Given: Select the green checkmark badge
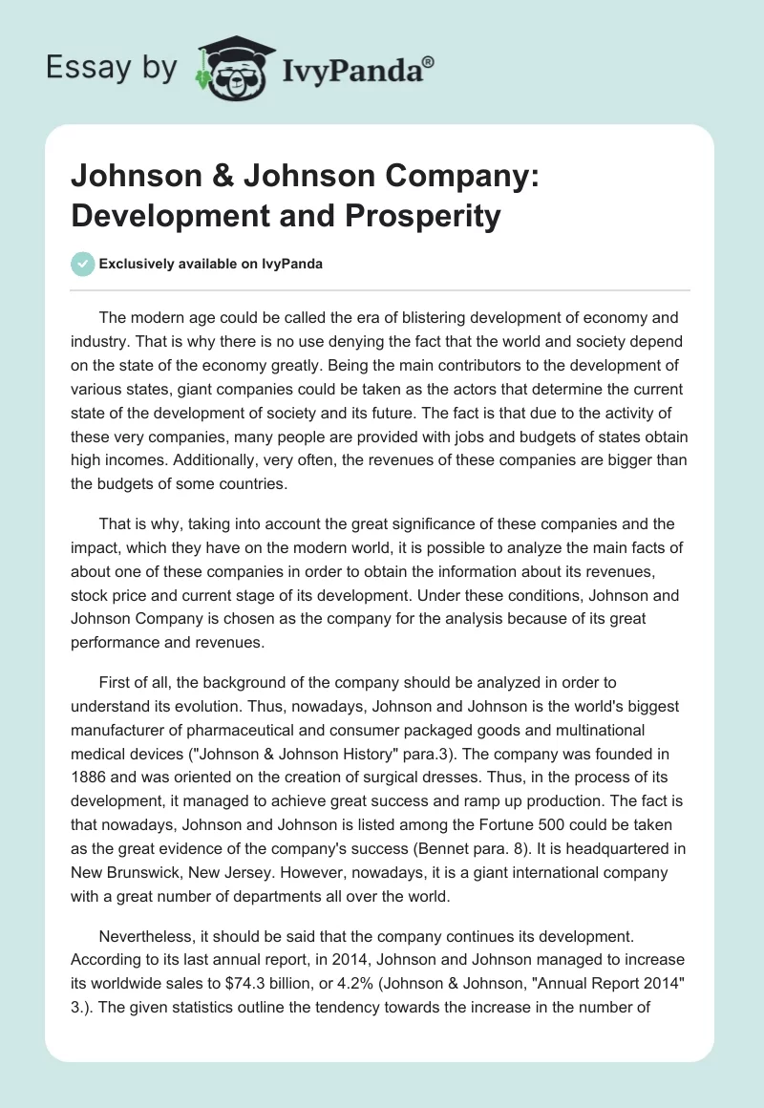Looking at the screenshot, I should (x=83, y=264).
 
